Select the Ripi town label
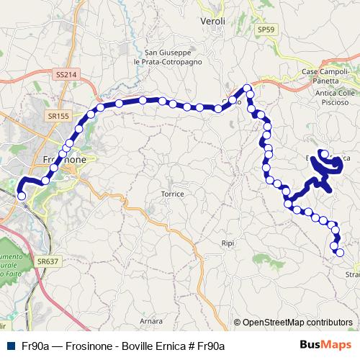click(228, 243)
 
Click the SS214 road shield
click(65, 74)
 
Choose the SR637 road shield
click(47, 261)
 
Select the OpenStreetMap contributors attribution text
click(297, 323)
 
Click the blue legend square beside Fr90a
click(9, 346)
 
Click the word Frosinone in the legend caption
click(88, 346)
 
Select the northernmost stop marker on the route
click(248, 88)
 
